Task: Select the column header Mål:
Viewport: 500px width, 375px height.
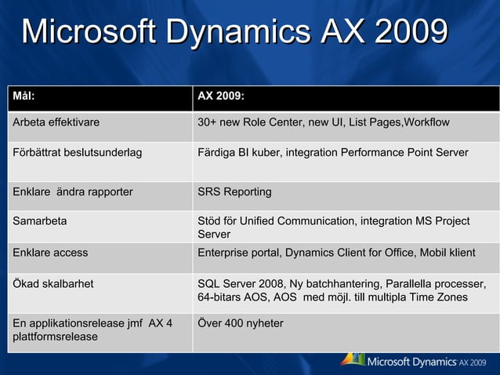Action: coord(24,97)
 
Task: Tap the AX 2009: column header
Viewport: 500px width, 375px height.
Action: coord(221,97)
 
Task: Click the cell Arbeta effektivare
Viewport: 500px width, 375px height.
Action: coord(56,122)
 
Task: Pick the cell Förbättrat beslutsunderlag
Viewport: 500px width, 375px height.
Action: coord(78,152)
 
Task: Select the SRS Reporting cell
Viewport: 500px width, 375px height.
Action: coord(234,191)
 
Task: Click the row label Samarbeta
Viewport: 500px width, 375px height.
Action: coord(40,221)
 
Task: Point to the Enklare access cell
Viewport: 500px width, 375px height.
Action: coord(50,253)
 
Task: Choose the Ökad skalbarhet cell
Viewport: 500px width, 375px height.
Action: coord(53,283)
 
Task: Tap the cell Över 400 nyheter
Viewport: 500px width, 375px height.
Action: coord(241,323)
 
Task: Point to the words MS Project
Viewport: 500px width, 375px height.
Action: coord(442,221)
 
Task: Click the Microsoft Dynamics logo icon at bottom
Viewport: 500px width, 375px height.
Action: coord(353,359)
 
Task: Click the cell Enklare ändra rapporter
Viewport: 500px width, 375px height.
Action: coord(73,191)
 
